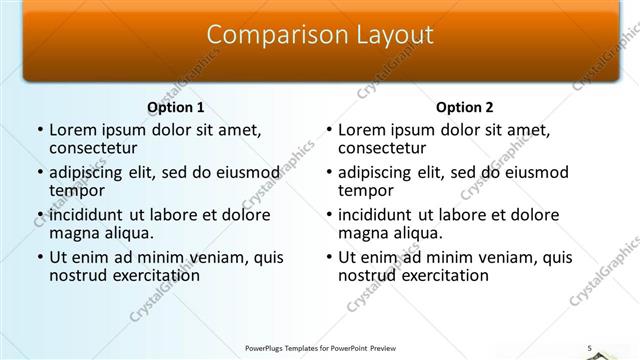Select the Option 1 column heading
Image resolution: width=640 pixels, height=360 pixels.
coord(176,107)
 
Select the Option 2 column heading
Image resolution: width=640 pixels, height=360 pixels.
coord(465,107)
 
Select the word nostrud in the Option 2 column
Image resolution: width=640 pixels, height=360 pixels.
coord(370,275)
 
